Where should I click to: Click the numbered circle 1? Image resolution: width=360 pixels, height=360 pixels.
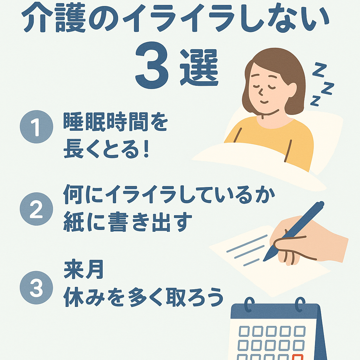pyautogui.click(x=36, y=127)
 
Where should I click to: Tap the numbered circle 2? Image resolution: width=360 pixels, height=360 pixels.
pyautogui.click(x=36, y=209)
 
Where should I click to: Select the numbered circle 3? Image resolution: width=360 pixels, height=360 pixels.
pyautogui.click(x=36, y=288)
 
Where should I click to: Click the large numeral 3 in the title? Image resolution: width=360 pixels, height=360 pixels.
pyautogui.click(x=152, y=65)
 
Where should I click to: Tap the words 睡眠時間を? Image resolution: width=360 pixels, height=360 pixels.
pyautogui.click(x=115, y=122)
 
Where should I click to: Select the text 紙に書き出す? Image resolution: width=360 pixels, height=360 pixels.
pyautogui.click(x=127, y=221)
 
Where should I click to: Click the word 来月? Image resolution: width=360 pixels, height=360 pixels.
pyautogui.click(x=84, y=270)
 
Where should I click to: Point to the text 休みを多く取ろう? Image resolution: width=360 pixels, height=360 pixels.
pyautogui.click(x=143, y=297)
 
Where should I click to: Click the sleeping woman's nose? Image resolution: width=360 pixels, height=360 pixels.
pyautogui.click(x=261, y=92)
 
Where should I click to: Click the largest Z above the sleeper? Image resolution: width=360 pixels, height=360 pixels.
pyautogui.click(x=319, y=70)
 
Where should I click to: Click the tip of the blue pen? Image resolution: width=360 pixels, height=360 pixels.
pyautogui.click(x=264, y=261)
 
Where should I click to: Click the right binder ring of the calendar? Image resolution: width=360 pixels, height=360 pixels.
pyautogui.click(x=300, y=304)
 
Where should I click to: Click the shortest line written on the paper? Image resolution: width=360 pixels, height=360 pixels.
pyautogui.click(x=251, y=262)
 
